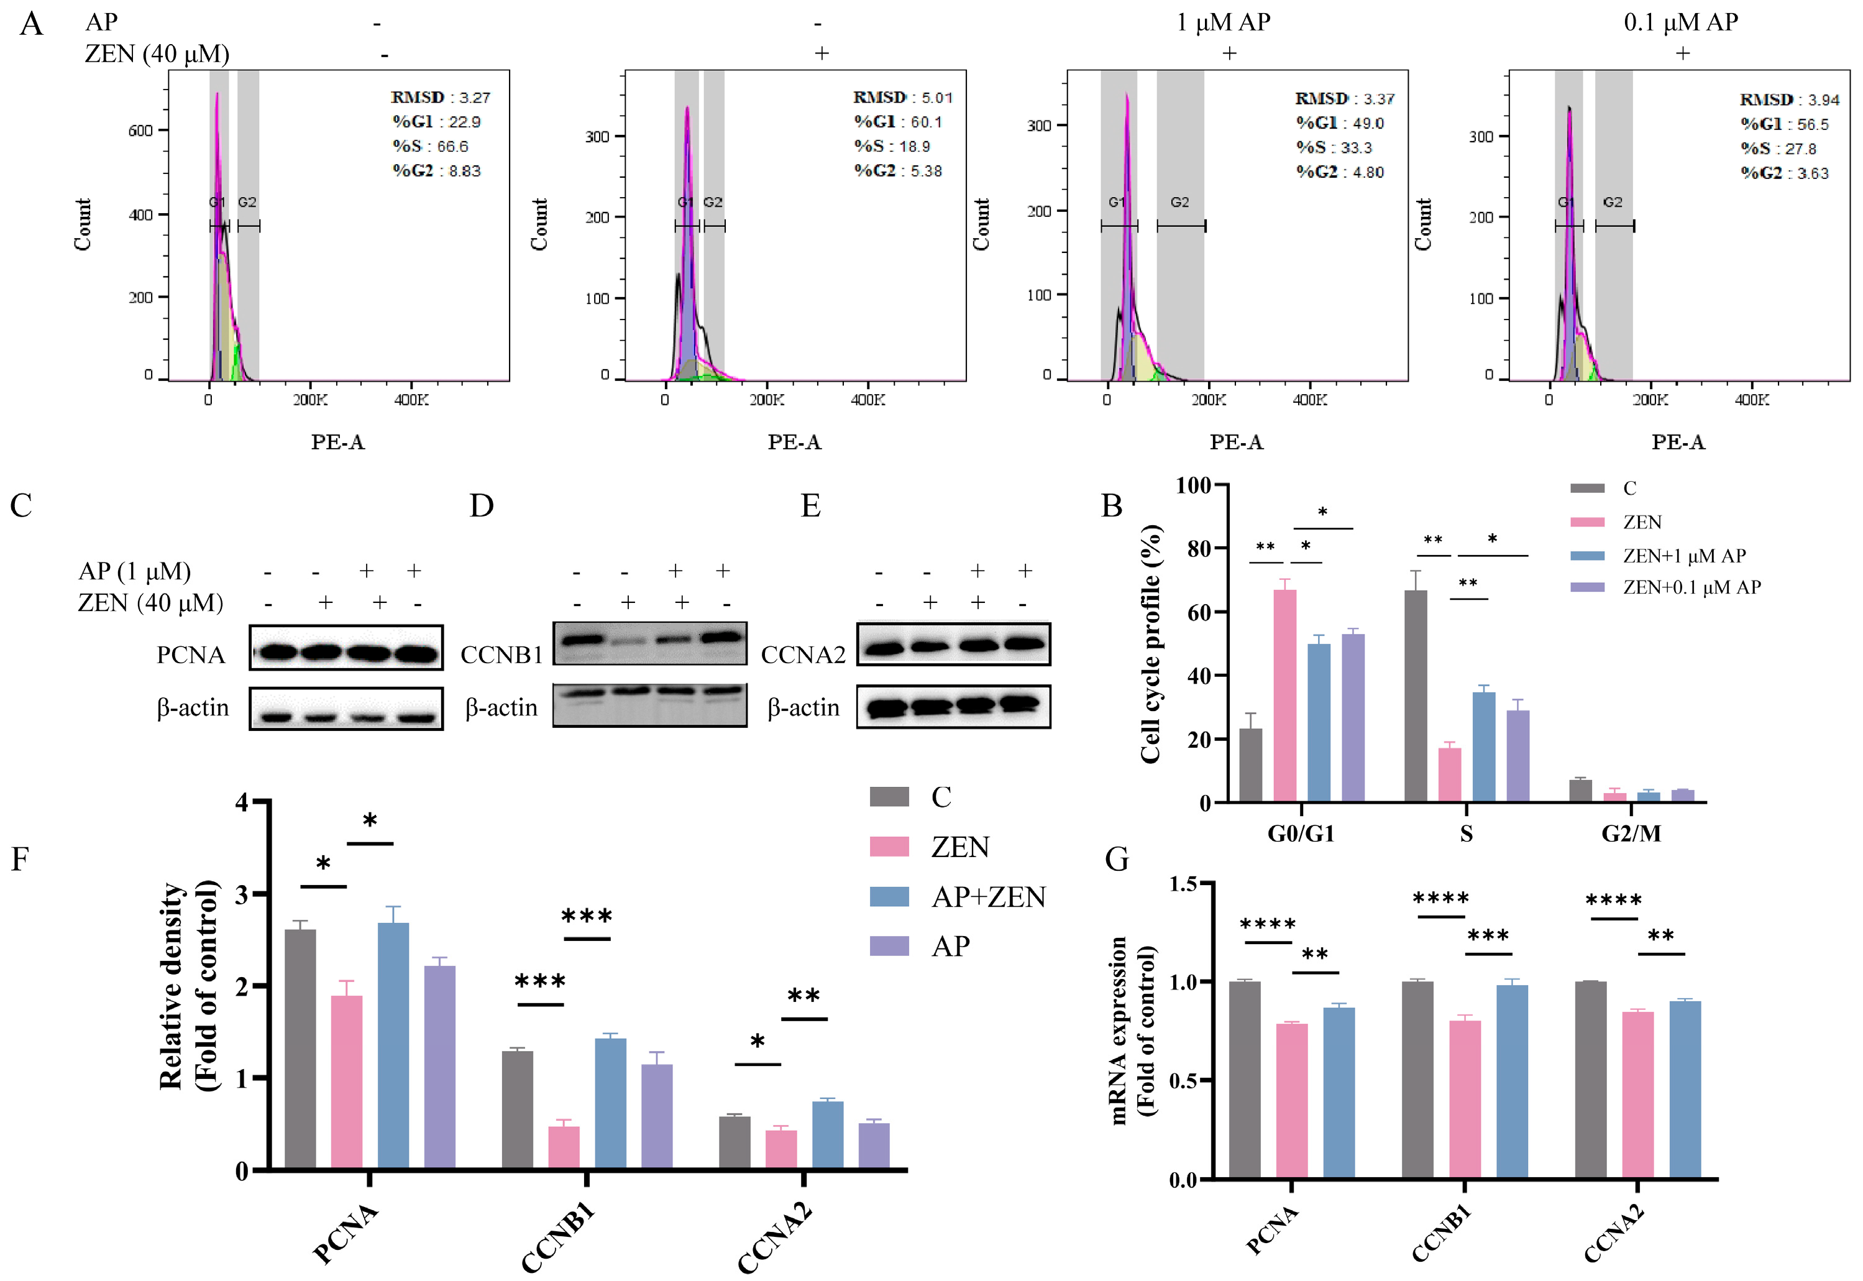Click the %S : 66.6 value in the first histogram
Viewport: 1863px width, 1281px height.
click(430, 146)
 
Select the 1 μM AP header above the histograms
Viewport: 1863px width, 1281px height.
click(1223, 22)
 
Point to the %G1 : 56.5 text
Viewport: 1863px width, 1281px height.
click(1783, 124)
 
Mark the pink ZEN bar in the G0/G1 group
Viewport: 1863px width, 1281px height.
click(1284, 695)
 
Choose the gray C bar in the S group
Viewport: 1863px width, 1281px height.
click(1416, 695)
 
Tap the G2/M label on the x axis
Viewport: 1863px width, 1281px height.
click(1631, 834)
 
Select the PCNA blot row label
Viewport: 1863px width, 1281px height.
click(191, 655)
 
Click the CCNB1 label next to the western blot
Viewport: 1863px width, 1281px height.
click(501, 655)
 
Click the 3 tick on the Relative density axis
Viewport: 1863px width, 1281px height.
click(240, 895)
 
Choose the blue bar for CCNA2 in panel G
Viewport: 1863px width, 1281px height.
click(1684, 1090)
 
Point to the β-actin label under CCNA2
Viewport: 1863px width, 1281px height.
click(803, 707)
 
